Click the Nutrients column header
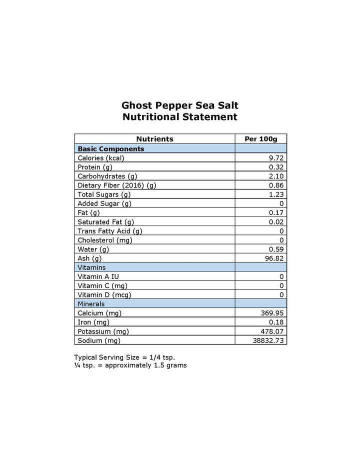[x=154, y=139]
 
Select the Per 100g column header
[x=260, y=139]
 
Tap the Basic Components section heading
[x=111, y=148]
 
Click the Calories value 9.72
[x=276, y=158]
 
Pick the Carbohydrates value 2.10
[x=276, y=176]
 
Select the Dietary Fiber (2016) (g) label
[x=117, y=185]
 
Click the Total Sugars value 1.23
[x=276, y=194]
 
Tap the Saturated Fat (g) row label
[x=106, y=221]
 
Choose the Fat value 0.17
[x=276, y=212]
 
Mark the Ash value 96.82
[x=274, y=258]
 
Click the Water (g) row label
[x=93, y=249]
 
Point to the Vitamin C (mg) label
[x=102, y=285]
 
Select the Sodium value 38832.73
[x=269, y=340]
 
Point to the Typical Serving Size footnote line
[x=124, y=357]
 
